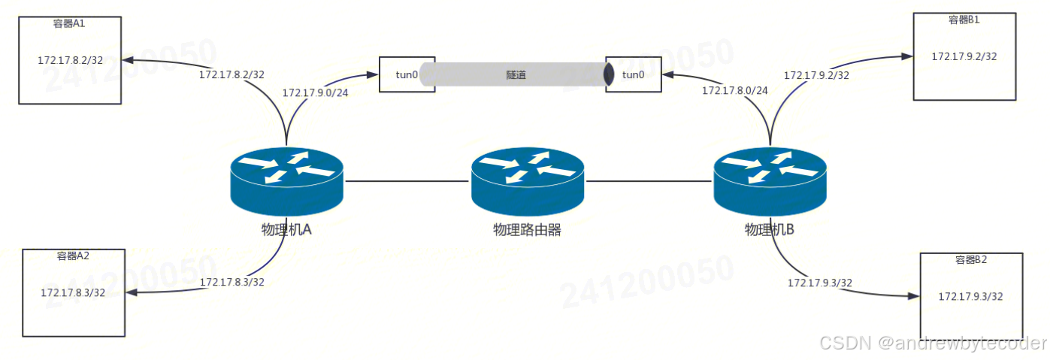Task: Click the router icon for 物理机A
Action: point(286,180)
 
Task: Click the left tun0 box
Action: point(407,74)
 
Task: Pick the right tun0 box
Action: point(634,74)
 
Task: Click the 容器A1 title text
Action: point(69,23)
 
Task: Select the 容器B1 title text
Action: point(964,20)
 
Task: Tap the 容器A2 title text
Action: point(73,256)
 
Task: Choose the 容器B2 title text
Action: point(971,260)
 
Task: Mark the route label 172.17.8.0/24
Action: point(735,90)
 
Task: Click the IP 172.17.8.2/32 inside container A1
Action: point(70,60)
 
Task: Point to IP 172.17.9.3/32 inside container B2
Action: point(970,296)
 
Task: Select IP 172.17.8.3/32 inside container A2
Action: point(73,292)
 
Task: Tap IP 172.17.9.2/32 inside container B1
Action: point(964,56)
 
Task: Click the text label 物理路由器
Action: point(527,230)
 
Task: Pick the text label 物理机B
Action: point(769,230)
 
